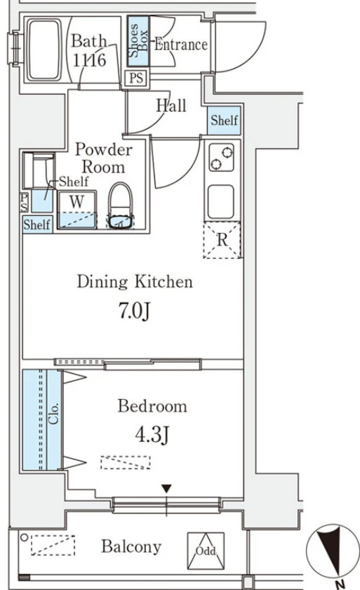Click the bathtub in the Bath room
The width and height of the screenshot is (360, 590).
[x=44, y=50]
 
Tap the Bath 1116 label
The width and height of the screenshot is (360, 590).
[x=89, y=51]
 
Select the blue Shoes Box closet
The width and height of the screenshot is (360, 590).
[x=138, y=41]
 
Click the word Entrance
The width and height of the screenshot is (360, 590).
[x=181, y=44]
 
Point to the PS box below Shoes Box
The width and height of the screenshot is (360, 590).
[x=136, y=78]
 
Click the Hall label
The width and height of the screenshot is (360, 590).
[x=171, y=105]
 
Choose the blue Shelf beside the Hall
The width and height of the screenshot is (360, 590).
[x=224, y=121]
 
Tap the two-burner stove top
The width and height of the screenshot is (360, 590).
[x=222, y=158]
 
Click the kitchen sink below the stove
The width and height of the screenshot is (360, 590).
[x=221, y=201]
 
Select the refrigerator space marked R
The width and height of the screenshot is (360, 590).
[x=222, y=240]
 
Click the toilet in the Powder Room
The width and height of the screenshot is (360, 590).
[x=121, y=206]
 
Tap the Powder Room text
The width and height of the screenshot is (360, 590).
[x=104, y=158]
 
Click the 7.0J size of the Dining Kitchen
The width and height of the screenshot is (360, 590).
[x=135, y=310]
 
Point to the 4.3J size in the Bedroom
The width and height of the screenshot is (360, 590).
[x=152, y=434]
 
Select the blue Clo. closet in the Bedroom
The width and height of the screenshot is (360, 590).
[x=42, y=420]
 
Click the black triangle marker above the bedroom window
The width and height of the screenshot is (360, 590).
[x=166, y=489]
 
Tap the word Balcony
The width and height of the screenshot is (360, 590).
[x=131, y=547]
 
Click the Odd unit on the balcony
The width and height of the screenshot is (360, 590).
[x=206, y=551]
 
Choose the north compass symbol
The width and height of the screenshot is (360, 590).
[x=333, y=551]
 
